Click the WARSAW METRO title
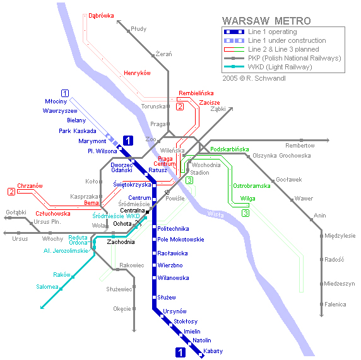[266, 21]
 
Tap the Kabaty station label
[213, 351]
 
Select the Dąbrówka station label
[102, 16]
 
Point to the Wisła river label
[215, 214]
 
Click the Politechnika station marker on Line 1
[154, 227]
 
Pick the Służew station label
[167, 298]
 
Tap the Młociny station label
[56, 102]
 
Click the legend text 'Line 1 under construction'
[287, 40]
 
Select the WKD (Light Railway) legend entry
[280, 67]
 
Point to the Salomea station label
[47, 287]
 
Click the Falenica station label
[335, 305]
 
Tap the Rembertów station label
[300, 146]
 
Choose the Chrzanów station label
[30, 186]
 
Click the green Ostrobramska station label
[252, 186]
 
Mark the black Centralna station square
[147, 212]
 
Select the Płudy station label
[139, 29]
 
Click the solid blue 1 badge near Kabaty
[180, 352]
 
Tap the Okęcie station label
[122, 309]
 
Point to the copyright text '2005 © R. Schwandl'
[254, 78]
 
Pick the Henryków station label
[137, 73]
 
